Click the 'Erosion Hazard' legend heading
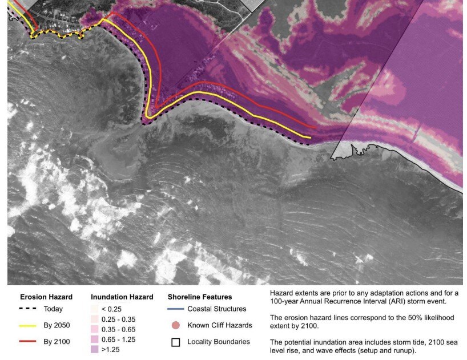(46, 297)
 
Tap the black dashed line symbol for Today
(27, 309)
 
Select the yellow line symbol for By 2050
(27, 325)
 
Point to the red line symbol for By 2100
(27, 342)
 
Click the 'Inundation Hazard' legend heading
(122, 297)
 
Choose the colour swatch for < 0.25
(95, 309)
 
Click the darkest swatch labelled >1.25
(95, 349)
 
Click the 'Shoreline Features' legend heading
(200, 297)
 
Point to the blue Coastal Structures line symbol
(176, 309)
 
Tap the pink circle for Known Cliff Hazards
(176, 325)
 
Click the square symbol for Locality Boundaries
(176, 342)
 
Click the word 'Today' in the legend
(53, 309)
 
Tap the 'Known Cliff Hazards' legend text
(219, 325)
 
